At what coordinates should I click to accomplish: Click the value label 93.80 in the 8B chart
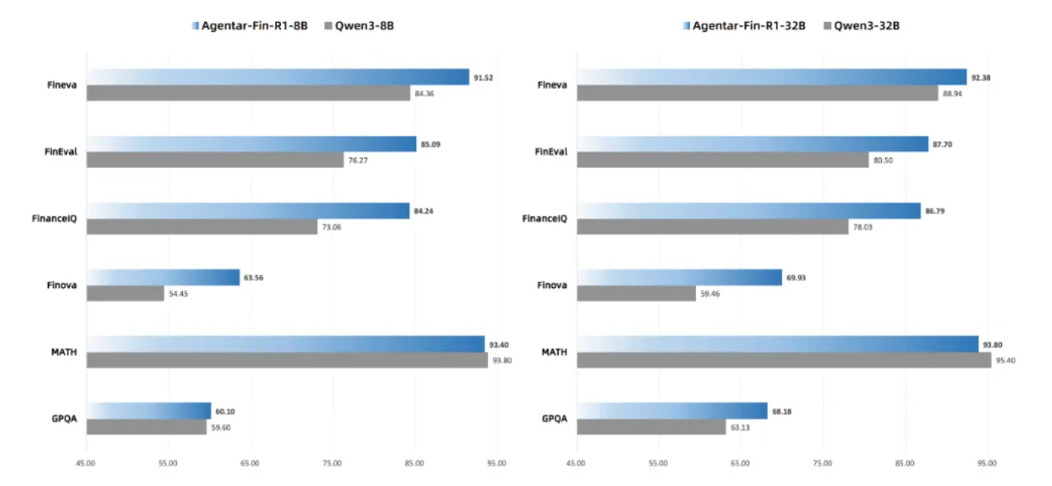click(502, 361)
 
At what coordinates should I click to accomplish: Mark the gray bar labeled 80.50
click(722, 160)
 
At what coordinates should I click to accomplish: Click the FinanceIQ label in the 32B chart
click(544, 219)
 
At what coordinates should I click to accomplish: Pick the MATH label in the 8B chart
click(65, 352)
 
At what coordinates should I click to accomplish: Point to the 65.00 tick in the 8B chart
click(250, 463)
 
